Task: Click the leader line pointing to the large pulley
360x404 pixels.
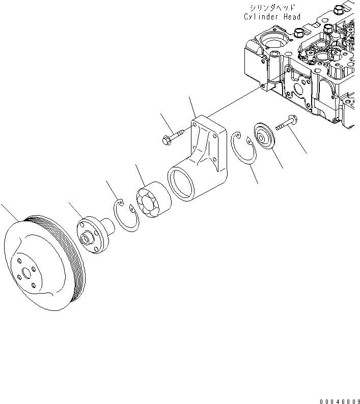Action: [x=10, y=211]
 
